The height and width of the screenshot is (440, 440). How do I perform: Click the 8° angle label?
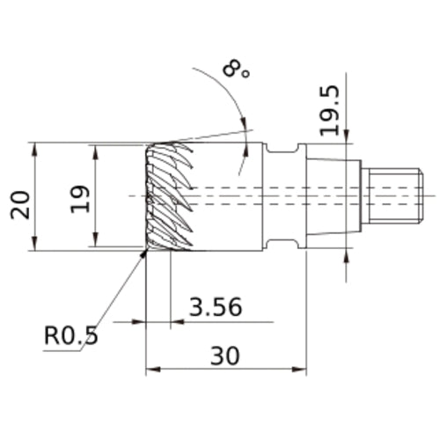[236, 69]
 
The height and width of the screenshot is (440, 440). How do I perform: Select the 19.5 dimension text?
[329, 111]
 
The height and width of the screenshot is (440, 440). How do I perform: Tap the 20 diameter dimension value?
[20, 205]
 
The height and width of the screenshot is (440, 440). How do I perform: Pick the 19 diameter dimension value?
[80, 199]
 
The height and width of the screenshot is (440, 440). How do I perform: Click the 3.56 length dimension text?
[216, 307]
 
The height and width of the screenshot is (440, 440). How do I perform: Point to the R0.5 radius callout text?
[70, 335]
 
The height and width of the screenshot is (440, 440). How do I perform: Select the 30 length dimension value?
[225, 356]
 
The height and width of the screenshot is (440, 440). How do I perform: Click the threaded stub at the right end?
[392, 195]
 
